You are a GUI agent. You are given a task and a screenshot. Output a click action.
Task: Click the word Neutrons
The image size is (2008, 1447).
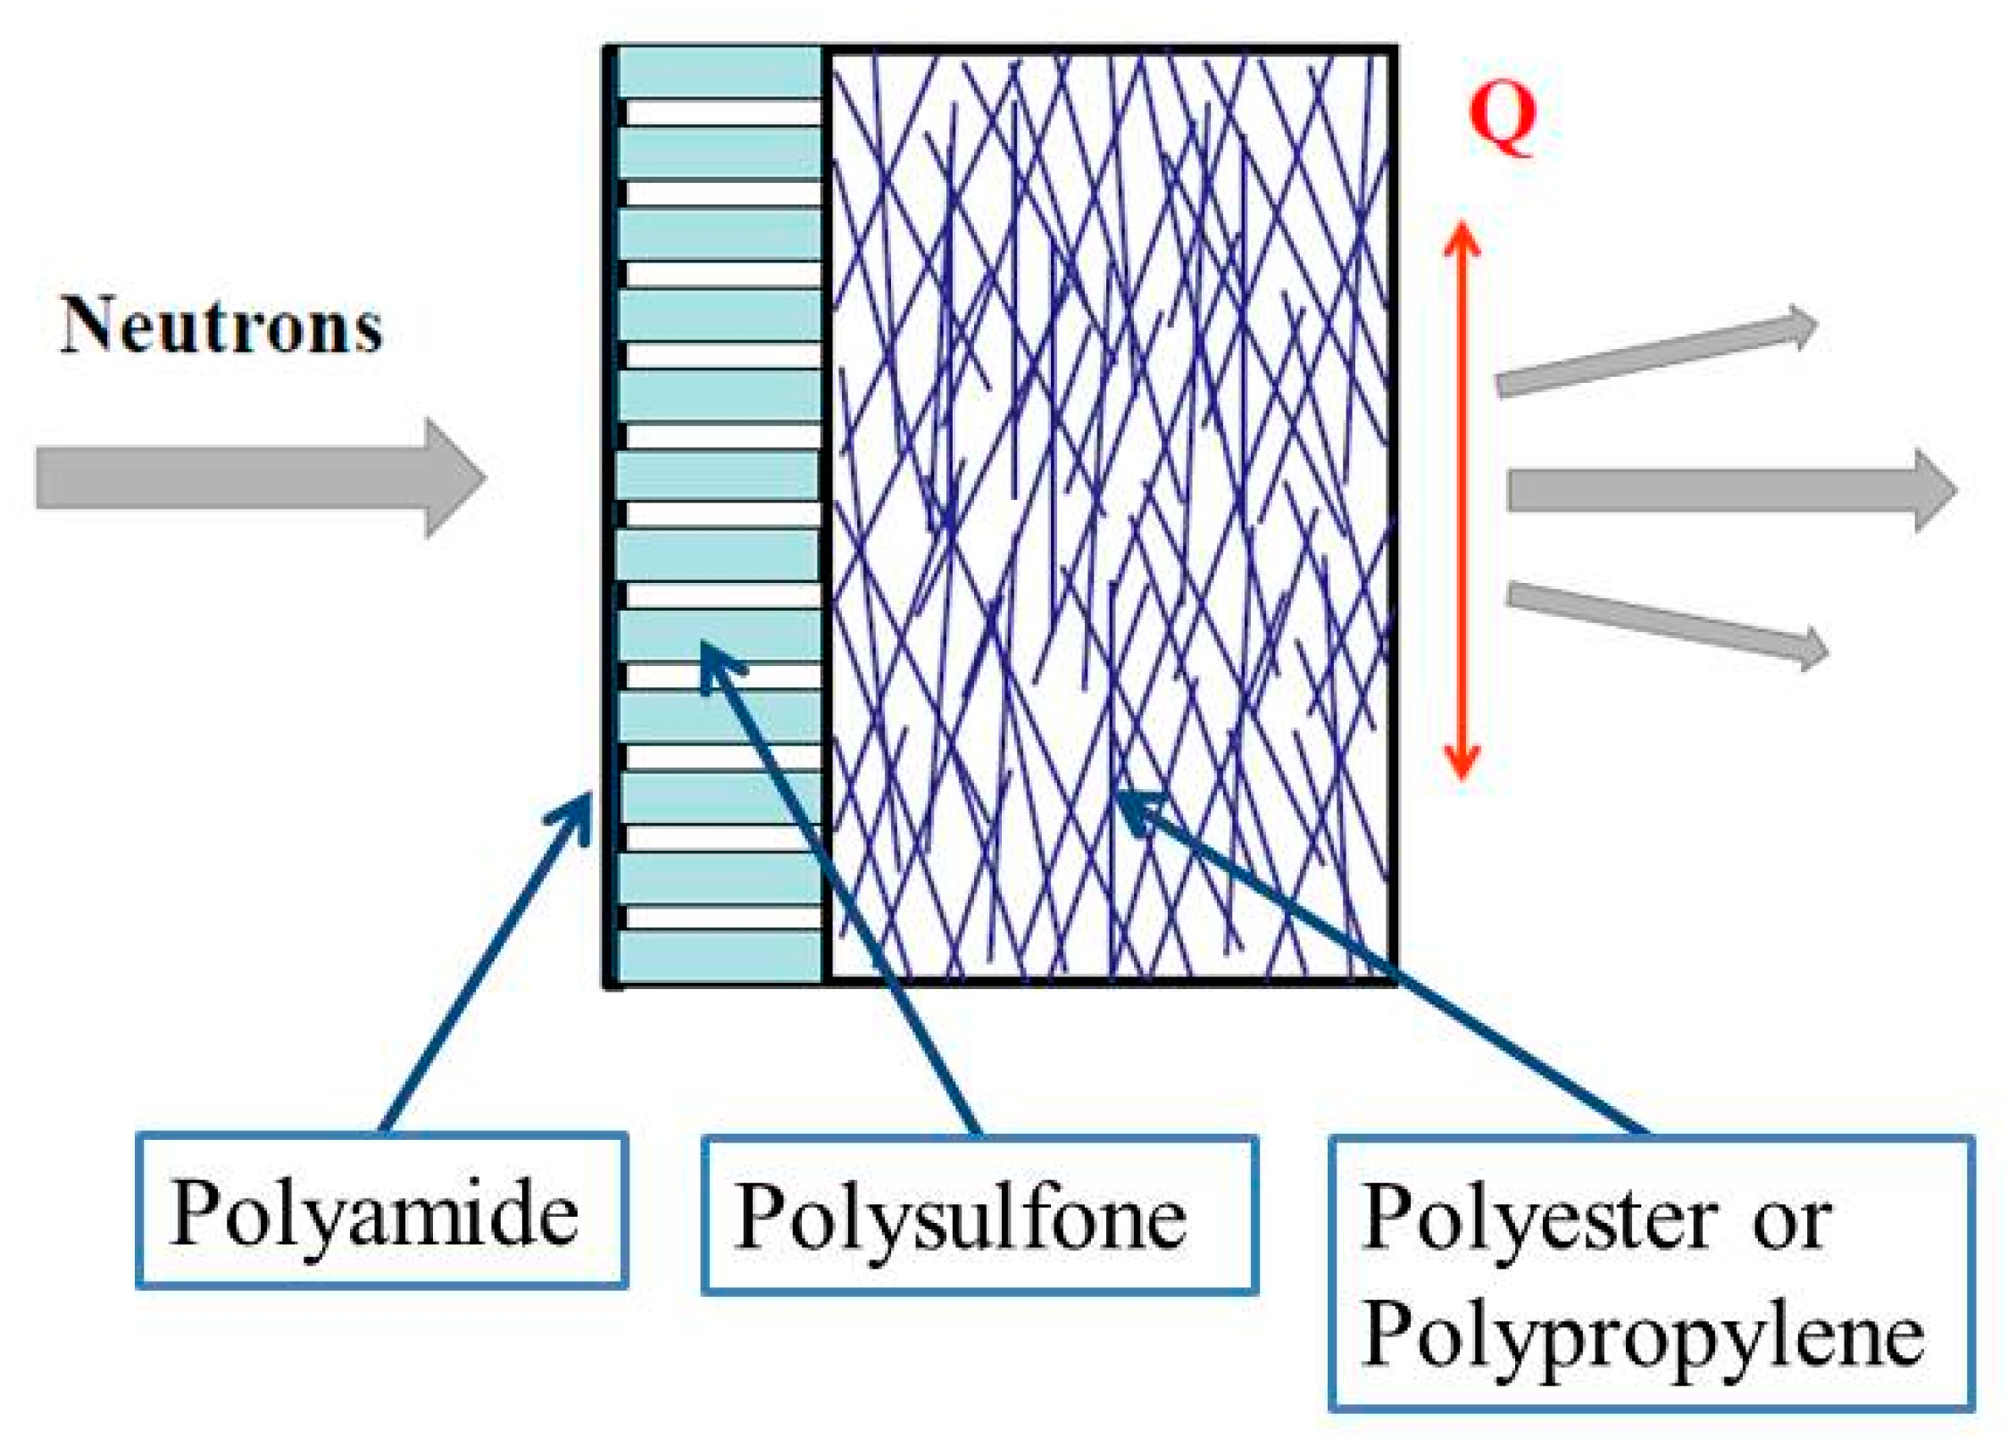[x=221, y=326]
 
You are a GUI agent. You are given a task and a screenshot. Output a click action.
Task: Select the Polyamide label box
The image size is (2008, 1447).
[x=381, y=1210]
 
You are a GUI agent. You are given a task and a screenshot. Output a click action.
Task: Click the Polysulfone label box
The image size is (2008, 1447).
[x=979, y=1215]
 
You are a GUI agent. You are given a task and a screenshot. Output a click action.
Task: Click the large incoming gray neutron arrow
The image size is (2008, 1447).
[x=259, y=478]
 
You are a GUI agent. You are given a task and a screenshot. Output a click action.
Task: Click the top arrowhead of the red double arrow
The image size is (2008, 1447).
[x=1462, y=239]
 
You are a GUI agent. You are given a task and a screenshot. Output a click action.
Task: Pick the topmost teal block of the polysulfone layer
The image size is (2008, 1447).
[x=720, y=72]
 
